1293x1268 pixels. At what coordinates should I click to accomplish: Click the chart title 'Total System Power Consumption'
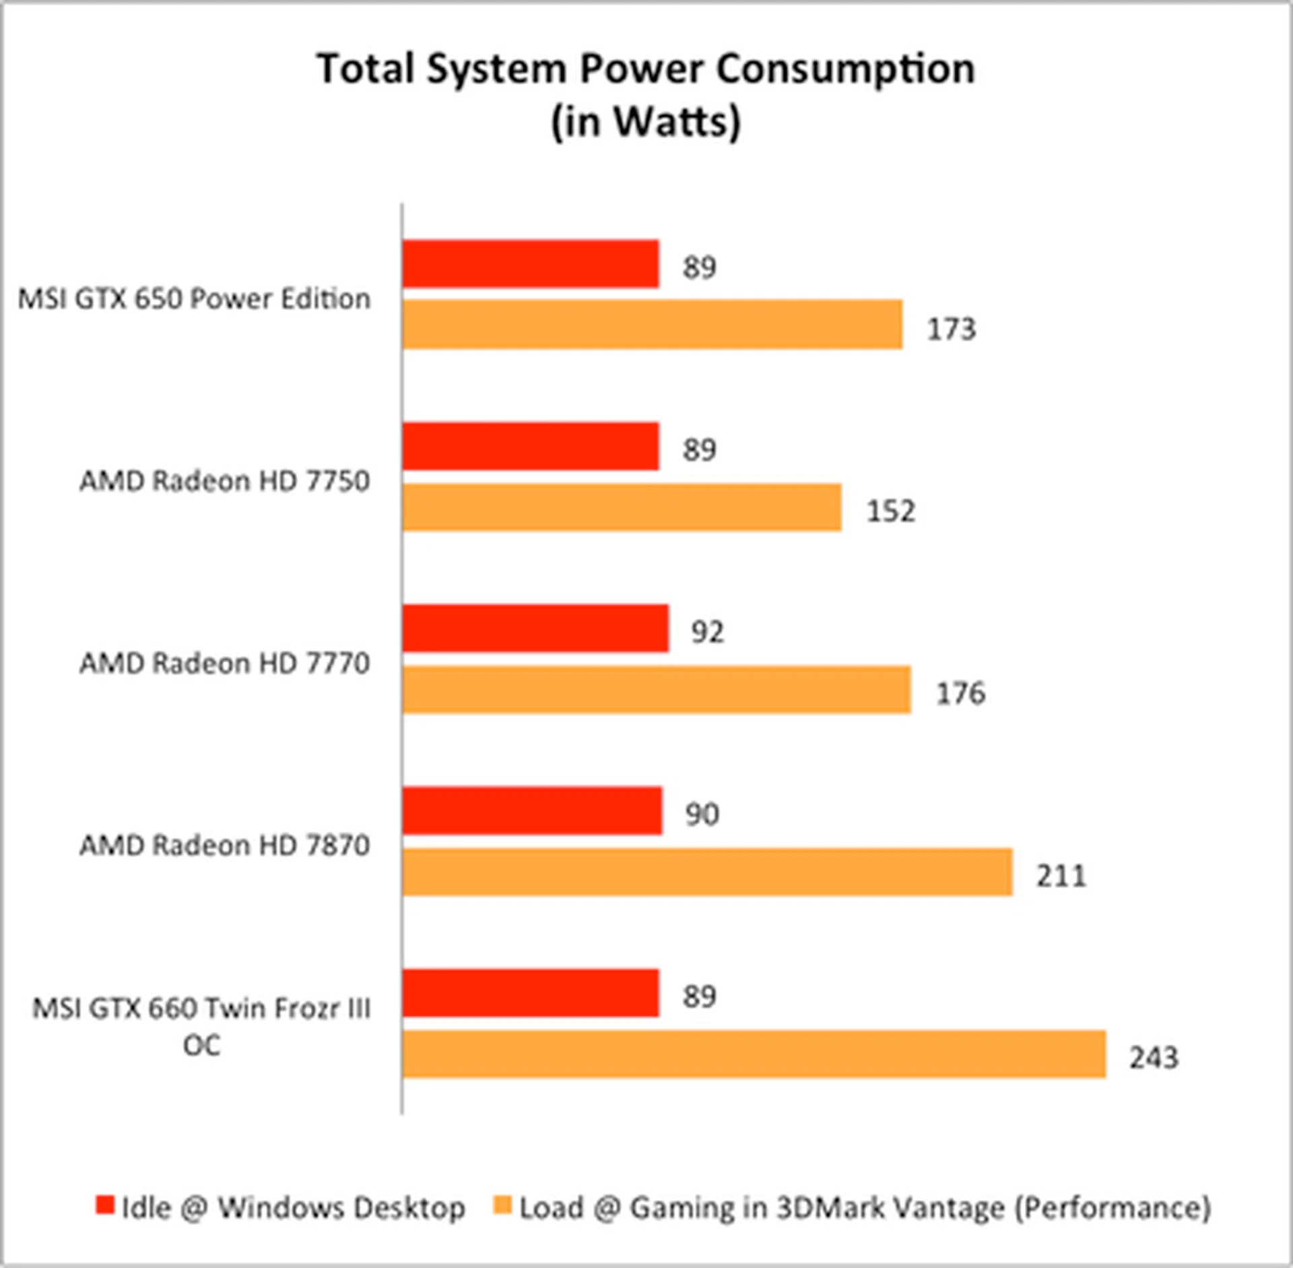(645, 69)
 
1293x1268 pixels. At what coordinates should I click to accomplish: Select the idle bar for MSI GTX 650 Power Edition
(531, 264)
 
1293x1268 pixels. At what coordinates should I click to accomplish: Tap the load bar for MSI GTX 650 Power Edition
(652, 325)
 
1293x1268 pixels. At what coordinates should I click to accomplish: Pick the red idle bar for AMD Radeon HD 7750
(531, 446)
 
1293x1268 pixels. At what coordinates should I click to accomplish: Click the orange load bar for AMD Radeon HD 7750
(622, 507)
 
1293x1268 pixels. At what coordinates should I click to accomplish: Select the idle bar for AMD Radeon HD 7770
(535, 629)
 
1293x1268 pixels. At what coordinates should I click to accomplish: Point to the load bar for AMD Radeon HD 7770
(657, 689)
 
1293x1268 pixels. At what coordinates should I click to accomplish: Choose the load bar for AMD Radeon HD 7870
(707, 872)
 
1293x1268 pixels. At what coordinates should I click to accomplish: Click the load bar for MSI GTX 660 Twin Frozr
(754, 1054)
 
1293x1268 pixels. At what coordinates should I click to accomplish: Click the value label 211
(1061, 876)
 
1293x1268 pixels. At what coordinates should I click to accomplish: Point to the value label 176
(960, 693)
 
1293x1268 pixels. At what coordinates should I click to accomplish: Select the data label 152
(890, 511)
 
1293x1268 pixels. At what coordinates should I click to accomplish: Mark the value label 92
(707, 632)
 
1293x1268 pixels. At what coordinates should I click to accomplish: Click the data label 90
(702, 815)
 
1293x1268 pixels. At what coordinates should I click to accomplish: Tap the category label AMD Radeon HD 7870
(225, 845)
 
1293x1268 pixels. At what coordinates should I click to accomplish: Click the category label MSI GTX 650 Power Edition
(194, 298)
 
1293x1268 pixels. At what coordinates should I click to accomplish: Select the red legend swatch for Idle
(105, 1205)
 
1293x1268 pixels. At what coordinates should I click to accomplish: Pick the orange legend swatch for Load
(502, 1205)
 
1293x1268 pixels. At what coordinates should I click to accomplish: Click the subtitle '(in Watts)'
(645, 121)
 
